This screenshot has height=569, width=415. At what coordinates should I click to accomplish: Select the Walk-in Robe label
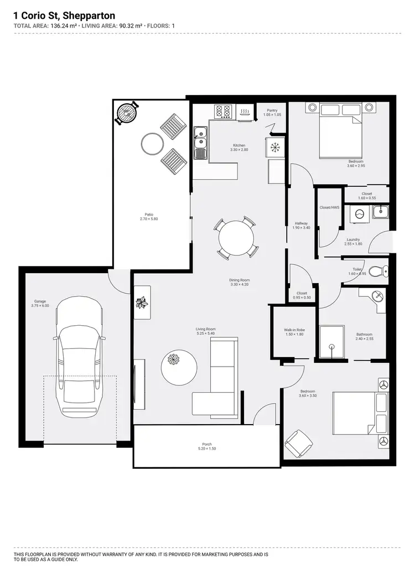(294, 330)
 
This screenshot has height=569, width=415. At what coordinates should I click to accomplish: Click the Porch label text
(207, 444)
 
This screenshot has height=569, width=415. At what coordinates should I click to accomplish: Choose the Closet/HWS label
(329, 207)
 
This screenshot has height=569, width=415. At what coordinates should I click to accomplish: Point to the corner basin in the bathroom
(377, 296)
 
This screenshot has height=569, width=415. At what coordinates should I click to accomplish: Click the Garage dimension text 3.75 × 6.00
(40, 306)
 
